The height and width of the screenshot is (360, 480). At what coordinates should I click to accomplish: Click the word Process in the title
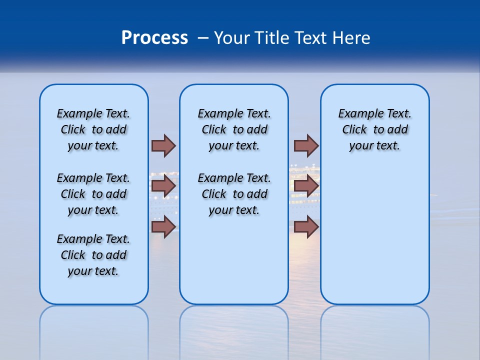154,38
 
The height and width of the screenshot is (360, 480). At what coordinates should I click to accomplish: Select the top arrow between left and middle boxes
163,145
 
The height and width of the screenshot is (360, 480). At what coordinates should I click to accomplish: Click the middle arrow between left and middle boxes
163,186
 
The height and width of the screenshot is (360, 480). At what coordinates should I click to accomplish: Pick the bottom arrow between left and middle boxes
163,226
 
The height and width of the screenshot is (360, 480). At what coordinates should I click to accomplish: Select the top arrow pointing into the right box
306,145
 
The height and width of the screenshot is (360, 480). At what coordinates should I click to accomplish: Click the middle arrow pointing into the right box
306,186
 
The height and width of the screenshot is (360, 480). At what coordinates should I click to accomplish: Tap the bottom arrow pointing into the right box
306,226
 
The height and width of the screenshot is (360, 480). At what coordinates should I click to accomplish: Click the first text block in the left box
93,129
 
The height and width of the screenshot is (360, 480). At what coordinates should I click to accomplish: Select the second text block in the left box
93,194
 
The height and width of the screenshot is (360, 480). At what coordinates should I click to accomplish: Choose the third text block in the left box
93,255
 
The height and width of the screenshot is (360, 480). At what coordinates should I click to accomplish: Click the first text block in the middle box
234,129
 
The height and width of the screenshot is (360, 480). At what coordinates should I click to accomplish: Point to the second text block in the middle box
234,194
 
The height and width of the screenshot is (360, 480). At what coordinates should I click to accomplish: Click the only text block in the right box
374,129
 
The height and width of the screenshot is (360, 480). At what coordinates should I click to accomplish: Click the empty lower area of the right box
374,240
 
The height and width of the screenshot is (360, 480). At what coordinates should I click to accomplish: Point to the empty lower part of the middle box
234,260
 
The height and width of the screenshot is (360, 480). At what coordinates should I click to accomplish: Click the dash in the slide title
203,38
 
